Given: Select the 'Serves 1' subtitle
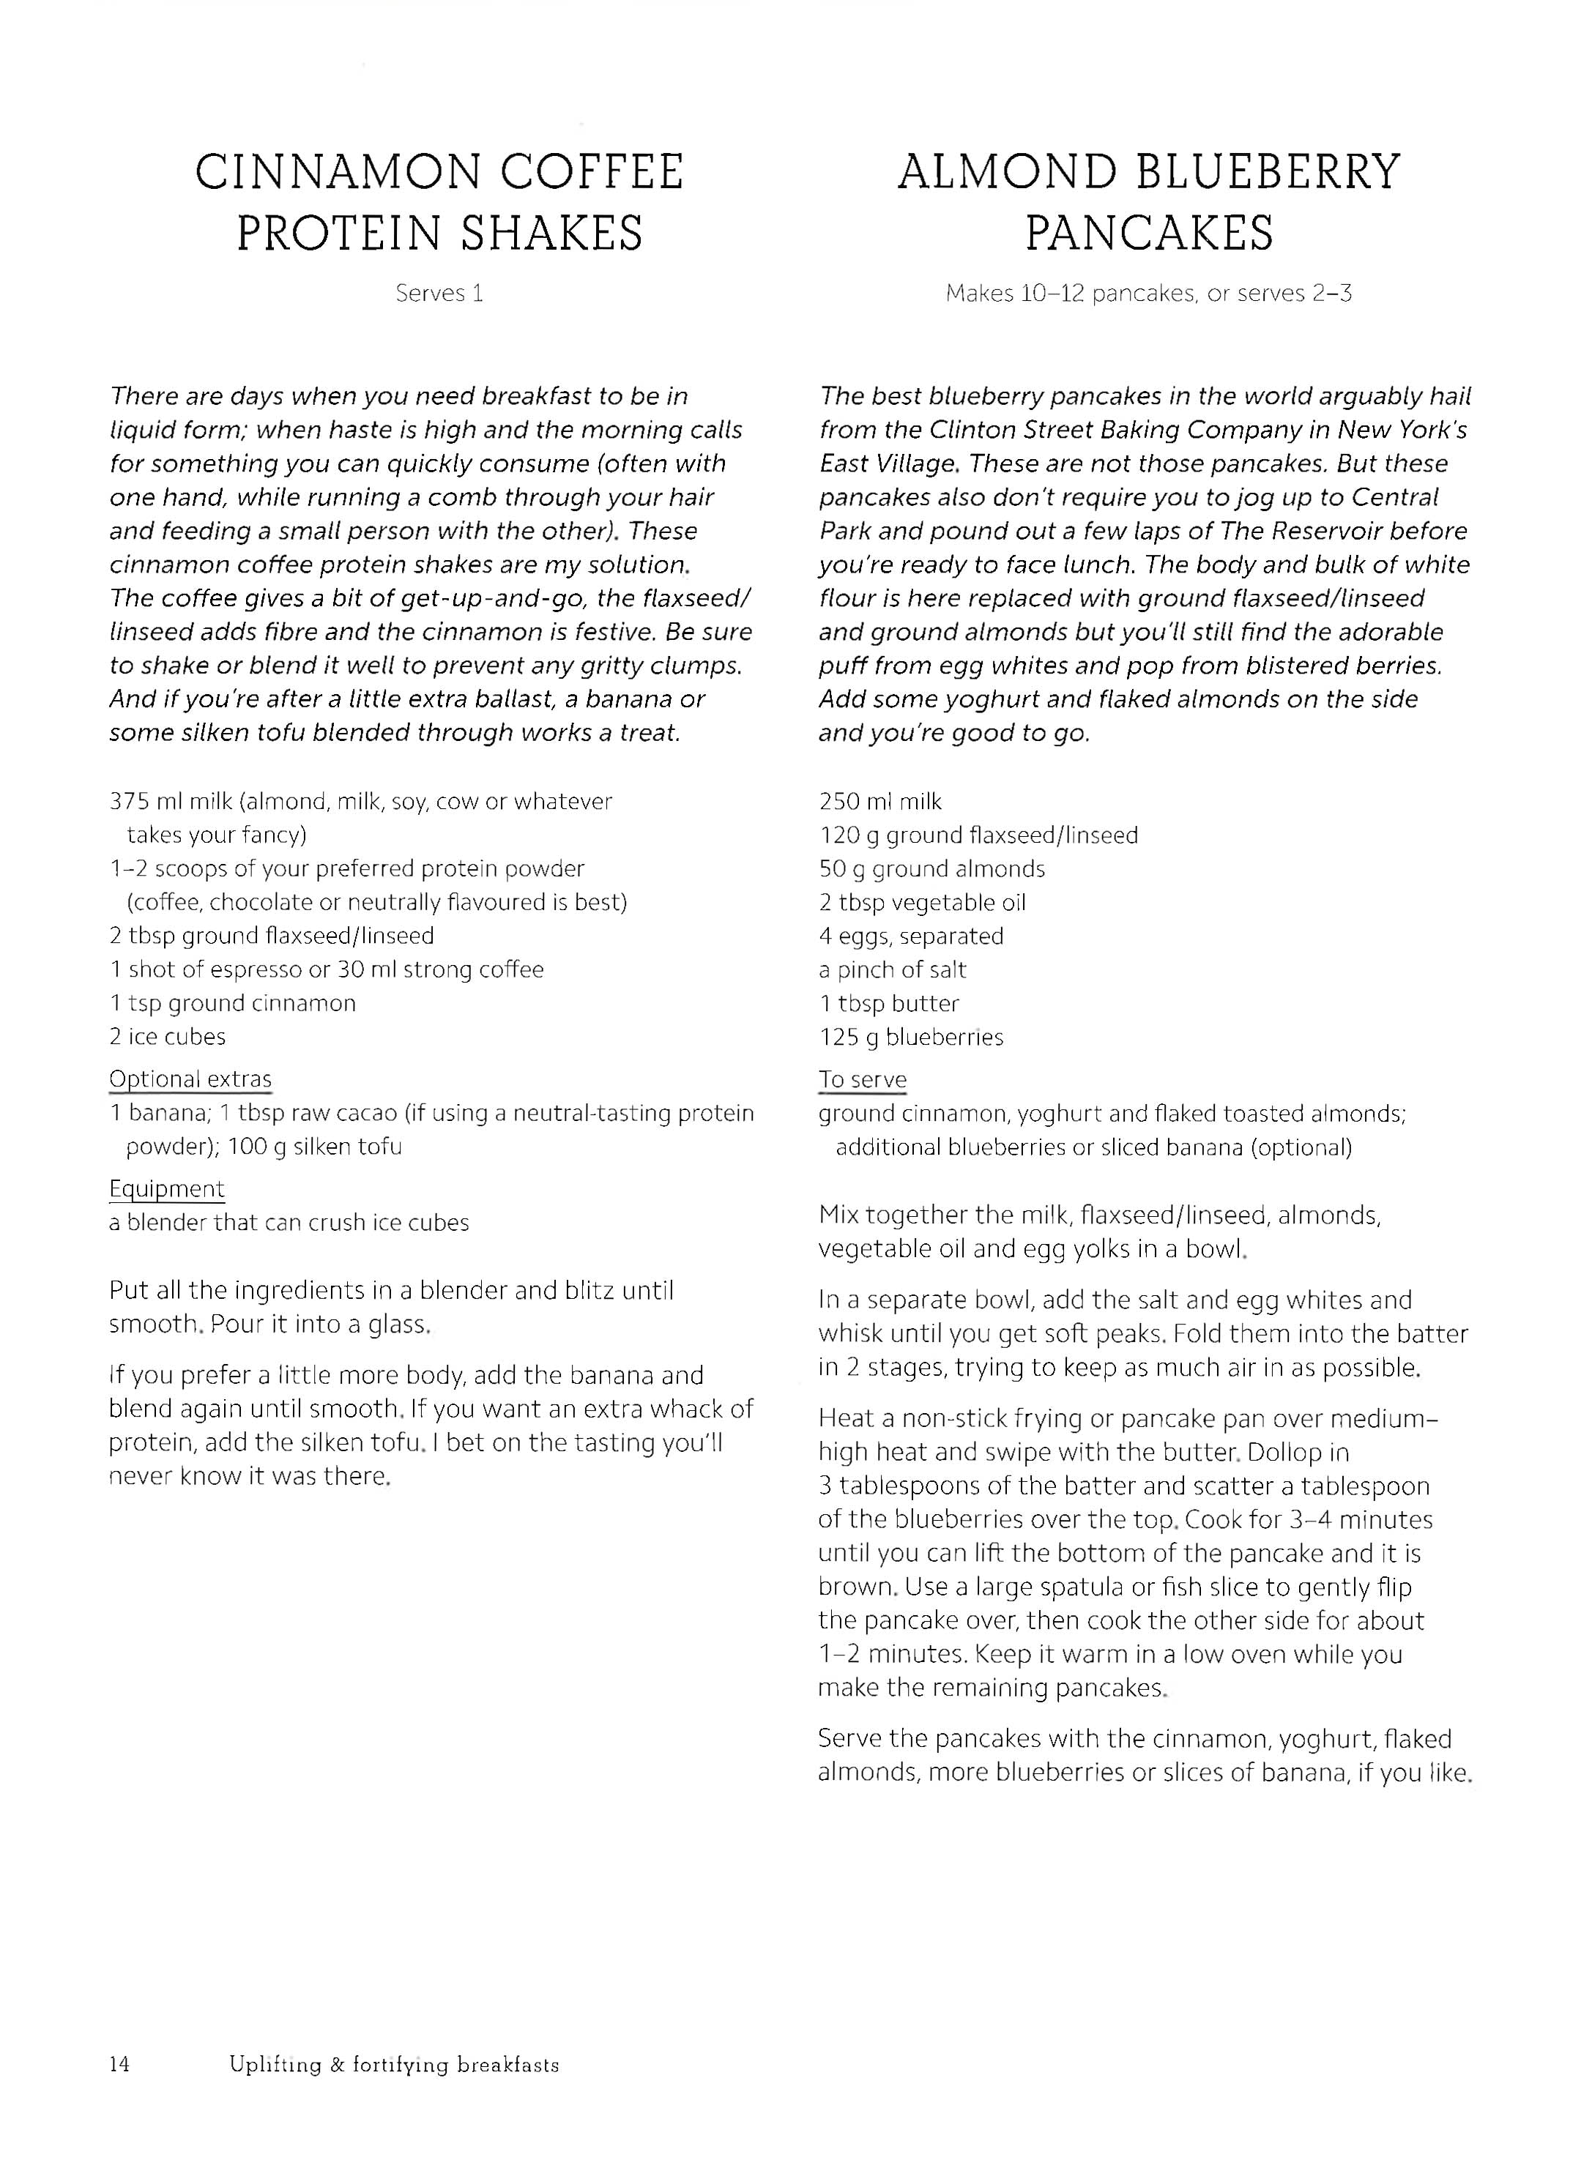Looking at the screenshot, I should click(x=439, y=294).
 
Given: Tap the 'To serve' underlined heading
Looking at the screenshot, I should click(x=863, y=1080).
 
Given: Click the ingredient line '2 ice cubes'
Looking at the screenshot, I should click(x=167, y=1037).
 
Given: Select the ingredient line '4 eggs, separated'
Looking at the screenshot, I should click(x=911, y=936).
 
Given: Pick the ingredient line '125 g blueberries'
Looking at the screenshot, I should click(x=911, y=1037).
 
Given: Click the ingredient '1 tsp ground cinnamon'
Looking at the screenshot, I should click(x=232, y=1003).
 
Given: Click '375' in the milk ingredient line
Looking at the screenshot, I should click(x=126, y=802).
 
